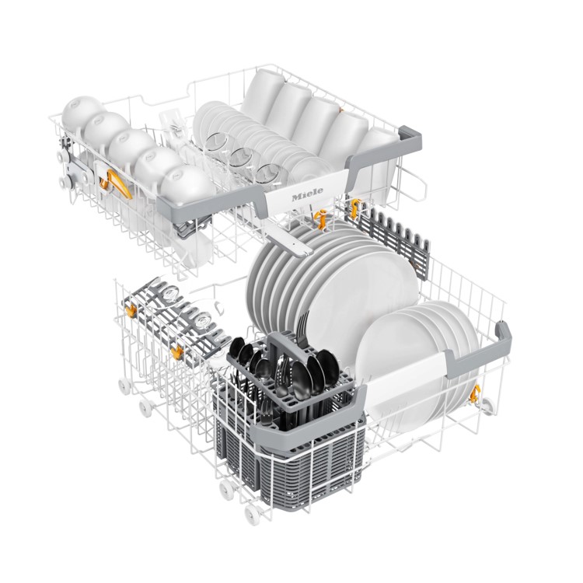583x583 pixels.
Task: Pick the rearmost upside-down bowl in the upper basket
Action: tap(79, 112)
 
